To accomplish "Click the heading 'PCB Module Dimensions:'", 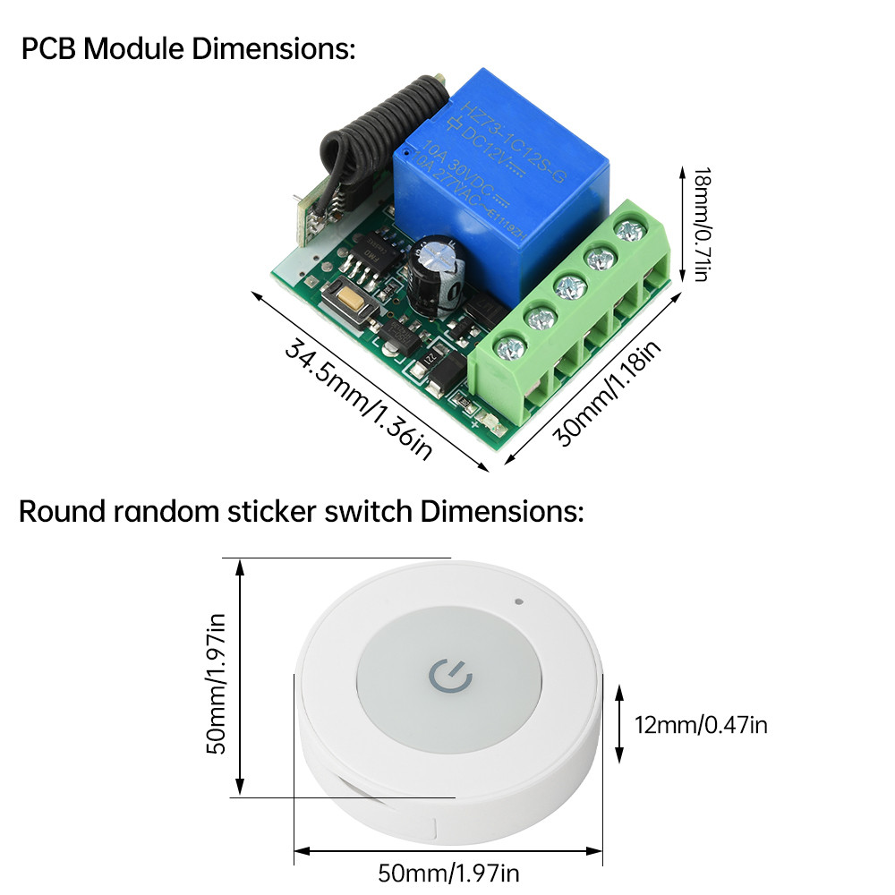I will pyautogui.click(x=188, y=48).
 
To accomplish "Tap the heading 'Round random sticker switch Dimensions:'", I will pyautogui.click(x=301, y=512).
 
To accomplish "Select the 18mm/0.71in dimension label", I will pyautogui.click(x=701, y=224).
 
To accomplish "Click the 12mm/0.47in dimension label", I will pyautogui.click(x=701, y=725).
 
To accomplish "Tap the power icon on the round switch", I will pyautogui.click(x=450, y=678).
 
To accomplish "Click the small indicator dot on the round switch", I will pyautogui.click(x=519, y=600).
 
